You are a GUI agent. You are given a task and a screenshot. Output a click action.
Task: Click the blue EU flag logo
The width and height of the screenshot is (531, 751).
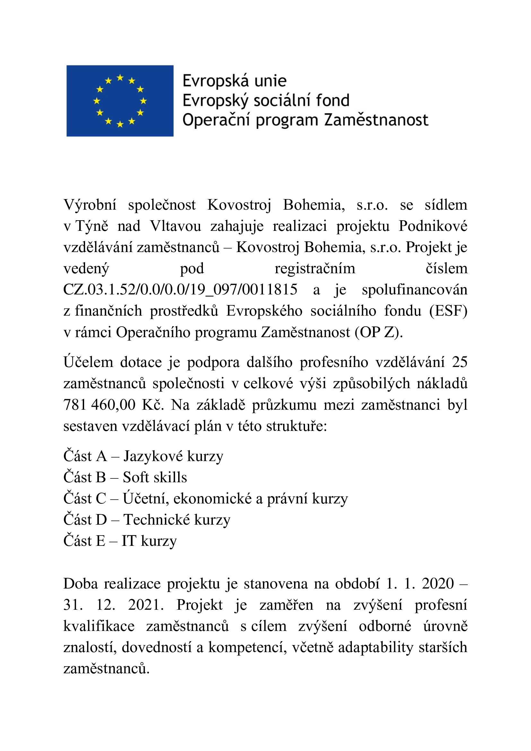pyautogui.click(x=120, y=101)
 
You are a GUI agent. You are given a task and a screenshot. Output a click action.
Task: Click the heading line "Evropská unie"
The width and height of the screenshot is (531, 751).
pyautogui.click(x=234, y=81)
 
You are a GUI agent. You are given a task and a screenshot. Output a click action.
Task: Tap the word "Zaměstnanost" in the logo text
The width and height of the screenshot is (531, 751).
pyautogui.click(x=376, y=120)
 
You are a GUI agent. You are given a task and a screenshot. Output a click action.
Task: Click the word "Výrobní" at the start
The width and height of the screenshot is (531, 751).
pyautogui.click(x=90, y=205)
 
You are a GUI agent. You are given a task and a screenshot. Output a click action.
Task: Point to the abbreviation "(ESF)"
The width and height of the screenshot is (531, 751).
pyautogui.click(x=448, y=311)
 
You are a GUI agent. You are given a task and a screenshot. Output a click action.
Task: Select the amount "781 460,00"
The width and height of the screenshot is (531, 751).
pyautogui.click(x=100, y=405)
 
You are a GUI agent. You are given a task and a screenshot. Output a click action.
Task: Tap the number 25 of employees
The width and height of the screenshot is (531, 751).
pyautogui.click(x=459, y=362)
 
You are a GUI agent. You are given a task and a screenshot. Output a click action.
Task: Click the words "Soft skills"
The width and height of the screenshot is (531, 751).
pyautogui.click(x=155, y=477)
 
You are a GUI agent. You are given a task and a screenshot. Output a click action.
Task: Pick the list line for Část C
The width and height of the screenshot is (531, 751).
pyautogui.click(x=205, y=499)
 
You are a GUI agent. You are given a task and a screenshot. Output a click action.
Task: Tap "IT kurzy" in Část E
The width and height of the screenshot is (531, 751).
pyautogui.click(x=149, y=541)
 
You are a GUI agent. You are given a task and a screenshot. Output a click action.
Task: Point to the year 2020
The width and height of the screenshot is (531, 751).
pyautogui.click(x=438, y=583)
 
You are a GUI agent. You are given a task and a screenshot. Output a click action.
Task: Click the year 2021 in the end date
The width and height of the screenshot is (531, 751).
pyautogui.click(x=146, y=605)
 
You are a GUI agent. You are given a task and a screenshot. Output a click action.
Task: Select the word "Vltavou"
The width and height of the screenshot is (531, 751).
pyautogui.click(x=176, y=226)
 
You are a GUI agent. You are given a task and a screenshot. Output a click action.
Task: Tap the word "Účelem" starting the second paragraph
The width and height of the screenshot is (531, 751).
pyautogui.click(x=88, y=362)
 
